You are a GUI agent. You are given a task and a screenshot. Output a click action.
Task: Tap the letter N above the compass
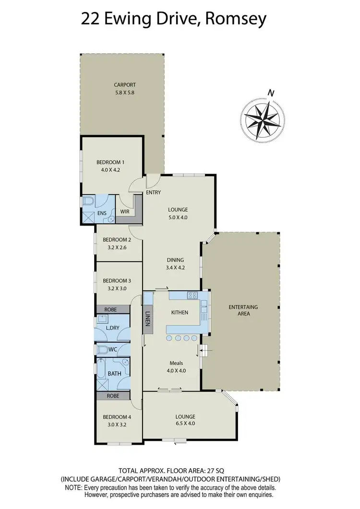(271, 93)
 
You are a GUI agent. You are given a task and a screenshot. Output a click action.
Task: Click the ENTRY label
(154, 193)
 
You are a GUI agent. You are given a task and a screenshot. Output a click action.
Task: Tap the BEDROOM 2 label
(117, 239)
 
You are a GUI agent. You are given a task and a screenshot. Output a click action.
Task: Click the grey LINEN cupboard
(148, 317)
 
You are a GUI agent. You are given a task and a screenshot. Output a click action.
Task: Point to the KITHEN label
(179, 312)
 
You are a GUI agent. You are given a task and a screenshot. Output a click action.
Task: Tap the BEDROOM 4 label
(117, 417)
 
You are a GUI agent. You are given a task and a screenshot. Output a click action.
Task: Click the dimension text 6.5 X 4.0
(185, 423)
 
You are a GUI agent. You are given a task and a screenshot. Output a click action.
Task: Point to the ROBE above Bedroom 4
(113, 396)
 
